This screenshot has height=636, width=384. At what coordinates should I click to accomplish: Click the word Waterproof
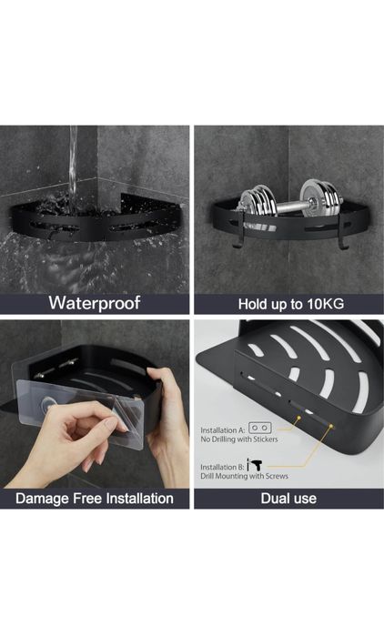pyautogui.click(x=95, y=303)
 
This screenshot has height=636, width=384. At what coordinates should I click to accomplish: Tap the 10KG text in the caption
pyautogui.click(x=325, y=303)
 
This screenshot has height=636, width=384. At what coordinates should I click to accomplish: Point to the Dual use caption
pyautogui.click(x=288, y=498)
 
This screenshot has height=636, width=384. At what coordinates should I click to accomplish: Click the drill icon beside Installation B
pyautogui.click(x=255, y=465)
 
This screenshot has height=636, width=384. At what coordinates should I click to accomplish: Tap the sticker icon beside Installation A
pyautogui.click(x=260, y=428)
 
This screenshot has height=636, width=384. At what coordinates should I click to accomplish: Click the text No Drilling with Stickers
pyautogui.click(x=239, y=439)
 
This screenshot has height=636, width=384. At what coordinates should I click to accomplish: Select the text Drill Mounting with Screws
pyautogui.click(x=244, y=476)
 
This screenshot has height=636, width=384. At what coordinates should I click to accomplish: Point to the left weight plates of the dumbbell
pyautogui.click(x=256, y=203)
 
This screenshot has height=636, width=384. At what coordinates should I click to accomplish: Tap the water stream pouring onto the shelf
pyautogui.click(x=73, y=168)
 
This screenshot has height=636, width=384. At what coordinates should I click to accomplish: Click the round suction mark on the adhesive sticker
pyautogui.click(x=47, y=404)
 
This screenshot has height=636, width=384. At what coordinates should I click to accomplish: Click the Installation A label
pyautogui.click(x=223, y=430)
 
